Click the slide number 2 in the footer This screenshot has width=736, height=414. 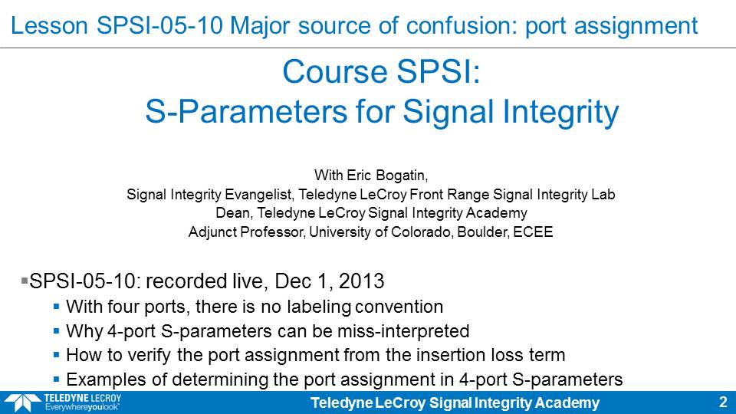[x=723, y=402]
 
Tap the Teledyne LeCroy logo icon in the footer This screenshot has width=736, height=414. [x=22, y=403]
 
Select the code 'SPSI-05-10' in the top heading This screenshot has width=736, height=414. [x=159, y=25]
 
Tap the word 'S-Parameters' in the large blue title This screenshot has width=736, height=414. [x=246, y=112]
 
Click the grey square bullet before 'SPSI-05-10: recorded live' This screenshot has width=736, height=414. [x=25, y=281]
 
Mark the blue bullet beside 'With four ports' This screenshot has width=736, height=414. [x=56, y=307]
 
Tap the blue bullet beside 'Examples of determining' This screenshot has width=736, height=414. [x=56, y=379]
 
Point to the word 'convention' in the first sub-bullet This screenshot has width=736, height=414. [x=399, y=307]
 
